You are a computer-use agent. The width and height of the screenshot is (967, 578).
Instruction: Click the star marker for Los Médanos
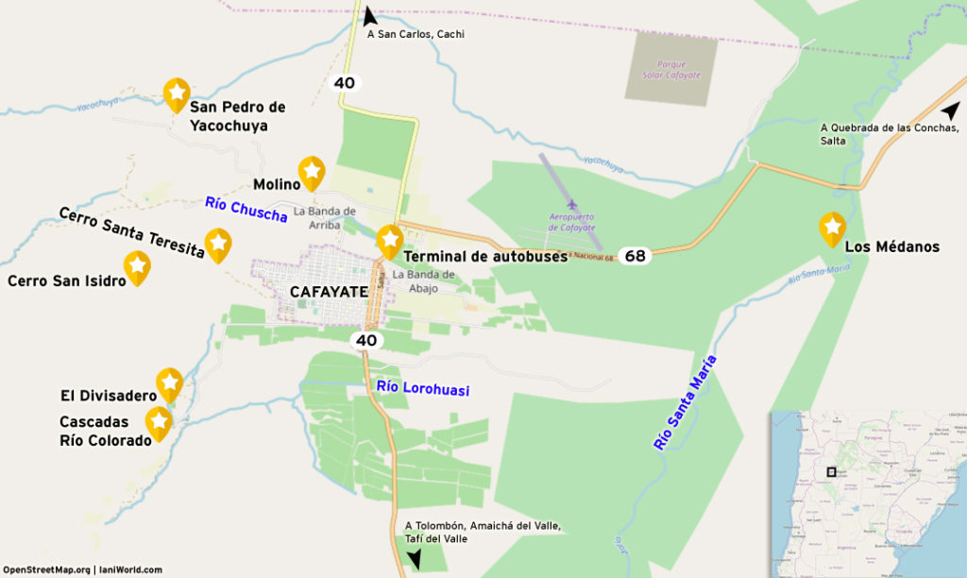pyautogui.click(x=832, y=228)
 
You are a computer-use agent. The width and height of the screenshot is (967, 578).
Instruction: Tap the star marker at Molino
pyautogui.click(x=312, y=172)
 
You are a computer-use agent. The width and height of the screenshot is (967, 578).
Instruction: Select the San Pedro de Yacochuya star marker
pyautogui.click(x=177, y=93)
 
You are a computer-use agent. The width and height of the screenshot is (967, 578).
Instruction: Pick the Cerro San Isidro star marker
pyautogui.click(x=137, y=266)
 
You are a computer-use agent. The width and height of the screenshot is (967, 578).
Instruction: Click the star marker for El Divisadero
pyautogui.click(x=169, y=383)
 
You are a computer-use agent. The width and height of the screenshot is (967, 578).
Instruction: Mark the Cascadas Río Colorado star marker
pyautogui.click(x=159, y=422)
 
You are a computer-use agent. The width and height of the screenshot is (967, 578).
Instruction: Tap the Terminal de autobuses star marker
pyautogui.click(x=389, y=241)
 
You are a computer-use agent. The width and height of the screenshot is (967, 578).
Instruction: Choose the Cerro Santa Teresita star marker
pyautogui.click(x=218, y=244)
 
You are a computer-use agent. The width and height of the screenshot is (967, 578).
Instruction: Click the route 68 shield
pyautogui.click(x=636, y=256)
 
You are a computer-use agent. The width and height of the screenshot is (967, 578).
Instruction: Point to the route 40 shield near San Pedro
pyautogui.click(x=345, y=83)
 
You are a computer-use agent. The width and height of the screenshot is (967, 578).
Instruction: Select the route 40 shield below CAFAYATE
pyautogui.click(x=366, y=340)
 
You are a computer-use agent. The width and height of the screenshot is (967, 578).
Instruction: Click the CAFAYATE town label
pyautogui.click(x=329, y=292)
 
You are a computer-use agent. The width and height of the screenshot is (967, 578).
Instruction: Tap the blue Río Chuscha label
pyautogui.click(x=246, y=209)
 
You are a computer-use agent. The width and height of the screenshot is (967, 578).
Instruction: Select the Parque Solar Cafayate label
pyautogui.click(x=670, y=69)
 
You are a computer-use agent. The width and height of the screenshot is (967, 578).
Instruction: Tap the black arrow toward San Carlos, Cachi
pyautogui.click(x=369, y=15)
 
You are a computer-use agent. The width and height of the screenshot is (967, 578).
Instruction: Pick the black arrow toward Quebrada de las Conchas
pyautogui.click(x=950, y=110)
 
